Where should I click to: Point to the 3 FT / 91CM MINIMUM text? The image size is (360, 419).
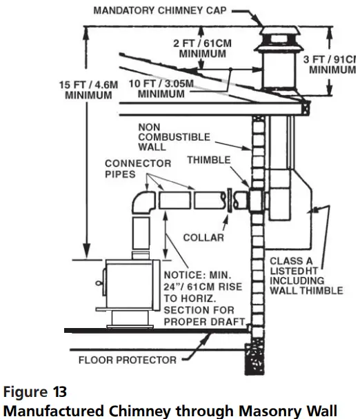pyautogui.click(x=329, y=65)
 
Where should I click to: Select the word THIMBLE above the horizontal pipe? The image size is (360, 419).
pyautogui.click(x=209, y=160)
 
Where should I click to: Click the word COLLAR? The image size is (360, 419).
pyautogui.click(x=205, y=238)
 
